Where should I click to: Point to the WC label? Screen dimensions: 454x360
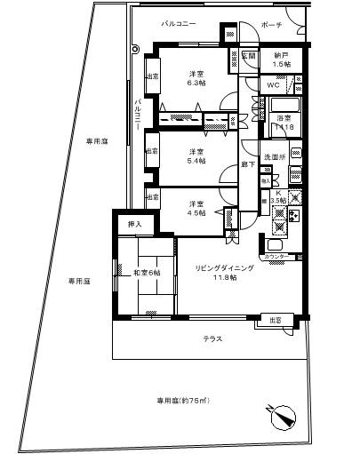tap(273, 85)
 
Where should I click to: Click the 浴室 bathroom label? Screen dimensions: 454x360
tap(285, 122)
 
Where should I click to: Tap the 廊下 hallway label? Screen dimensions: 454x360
tap(249, 164)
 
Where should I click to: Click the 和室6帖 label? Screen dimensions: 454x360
tap(146, 273)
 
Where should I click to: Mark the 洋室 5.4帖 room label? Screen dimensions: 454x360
tap(195, 156)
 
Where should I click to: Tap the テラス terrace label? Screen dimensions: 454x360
tap(212, 339)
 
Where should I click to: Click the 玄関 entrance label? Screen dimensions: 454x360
tap(249, 56)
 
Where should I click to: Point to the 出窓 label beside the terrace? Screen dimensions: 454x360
tap(276, 320)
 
